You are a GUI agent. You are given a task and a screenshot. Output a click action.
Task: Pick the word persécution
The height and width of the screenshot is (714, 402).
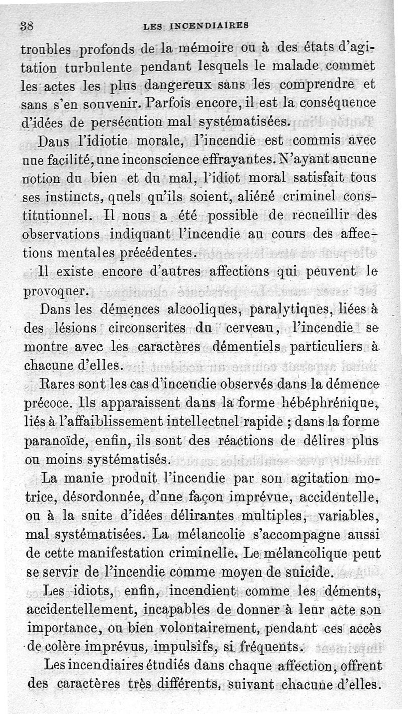[127, 122]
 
